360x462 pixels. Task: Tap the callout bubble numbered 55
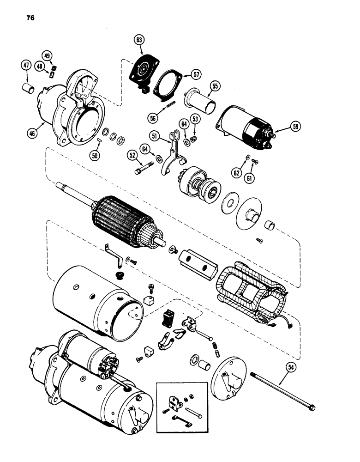(x=215, y=85)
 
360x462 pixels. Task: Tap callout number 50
(x=95, y=156)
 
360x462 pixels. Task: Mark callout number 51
(x=156, y=135)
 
